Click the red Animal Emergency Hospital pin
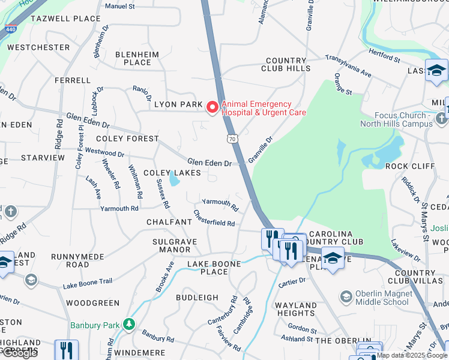212,107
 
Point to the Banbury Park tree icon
128,325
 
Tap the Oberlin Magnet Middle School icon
346,296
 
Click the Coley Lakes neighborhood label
172,173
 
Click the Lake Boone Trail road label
88,282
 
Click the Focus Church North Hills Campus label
396,119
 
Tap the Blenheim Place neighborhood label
137,58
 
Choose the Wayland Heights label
295,309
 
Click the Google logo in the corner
20,353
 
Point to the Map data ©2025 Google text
412,355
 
